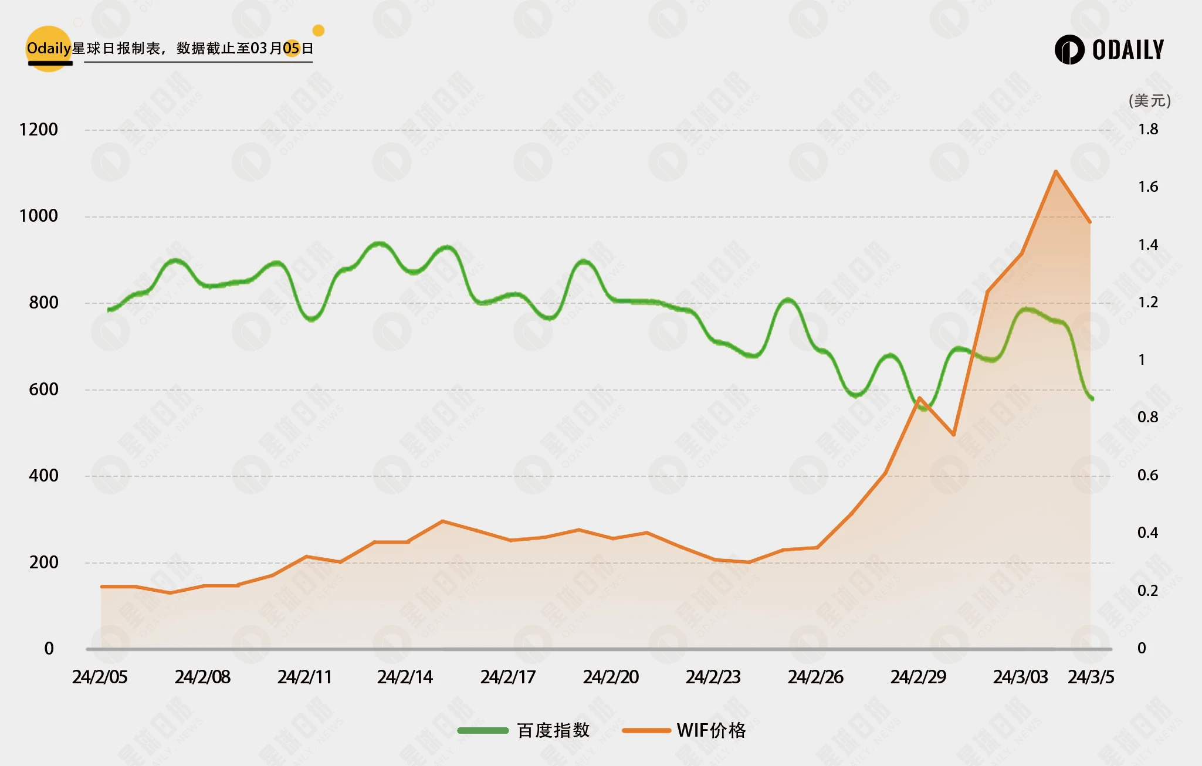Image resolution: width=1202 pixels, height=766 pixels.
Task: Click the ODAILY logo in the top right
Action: pos(1109,50)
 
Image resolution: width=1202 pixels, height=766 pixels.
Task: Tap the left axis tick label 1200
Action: pos(39,130)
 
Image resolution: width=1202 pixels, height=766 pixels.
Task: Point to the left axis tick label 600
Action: pos(43,389)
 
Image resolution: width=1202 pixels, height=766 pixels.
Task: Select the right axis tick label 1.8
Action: pos(1148,130)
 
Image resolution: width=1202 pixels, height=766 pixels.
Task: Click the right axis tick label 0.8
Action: pos(1148,418)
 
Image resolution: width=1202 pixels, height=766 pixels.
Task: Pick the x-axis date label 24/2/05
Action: pos(100,677)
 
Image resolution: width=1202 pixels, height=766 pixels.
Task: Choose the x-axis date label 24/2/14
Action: pos(405,677)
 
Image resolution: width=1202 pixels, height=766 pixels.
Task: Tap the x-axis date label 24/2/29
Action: pos(918,677)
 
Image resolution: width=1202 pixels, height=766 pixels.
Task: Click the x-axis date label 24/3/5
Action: pos(1091,677)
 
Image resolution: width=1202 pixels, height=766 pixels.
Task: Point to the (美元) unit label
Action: pos(1149,101)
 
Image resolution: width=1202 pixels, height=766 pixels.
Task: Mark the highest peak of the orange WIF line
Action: pos(1055,171)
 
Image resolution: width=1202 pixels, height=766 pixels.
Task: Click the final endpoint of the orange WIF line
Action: pos(1090,222)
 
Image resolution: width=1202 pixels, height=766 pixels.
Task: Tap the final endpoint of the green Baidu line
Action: pos(1092,399)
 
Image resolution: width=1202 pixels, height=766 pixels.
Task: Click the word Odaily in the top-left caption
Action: pos(49,48)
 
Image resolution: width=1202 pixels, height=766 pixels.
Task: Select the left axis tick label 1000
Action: pos(39,216)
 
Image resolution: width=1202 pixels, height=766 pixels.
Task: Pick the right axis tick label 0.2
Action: pos(1148,591)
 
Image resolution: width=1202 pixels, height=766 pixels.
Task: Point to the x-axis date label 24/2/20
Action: pos(611,677)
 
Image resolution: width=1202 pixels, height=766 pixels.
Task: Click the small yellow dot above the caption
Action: pos(319,30)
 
